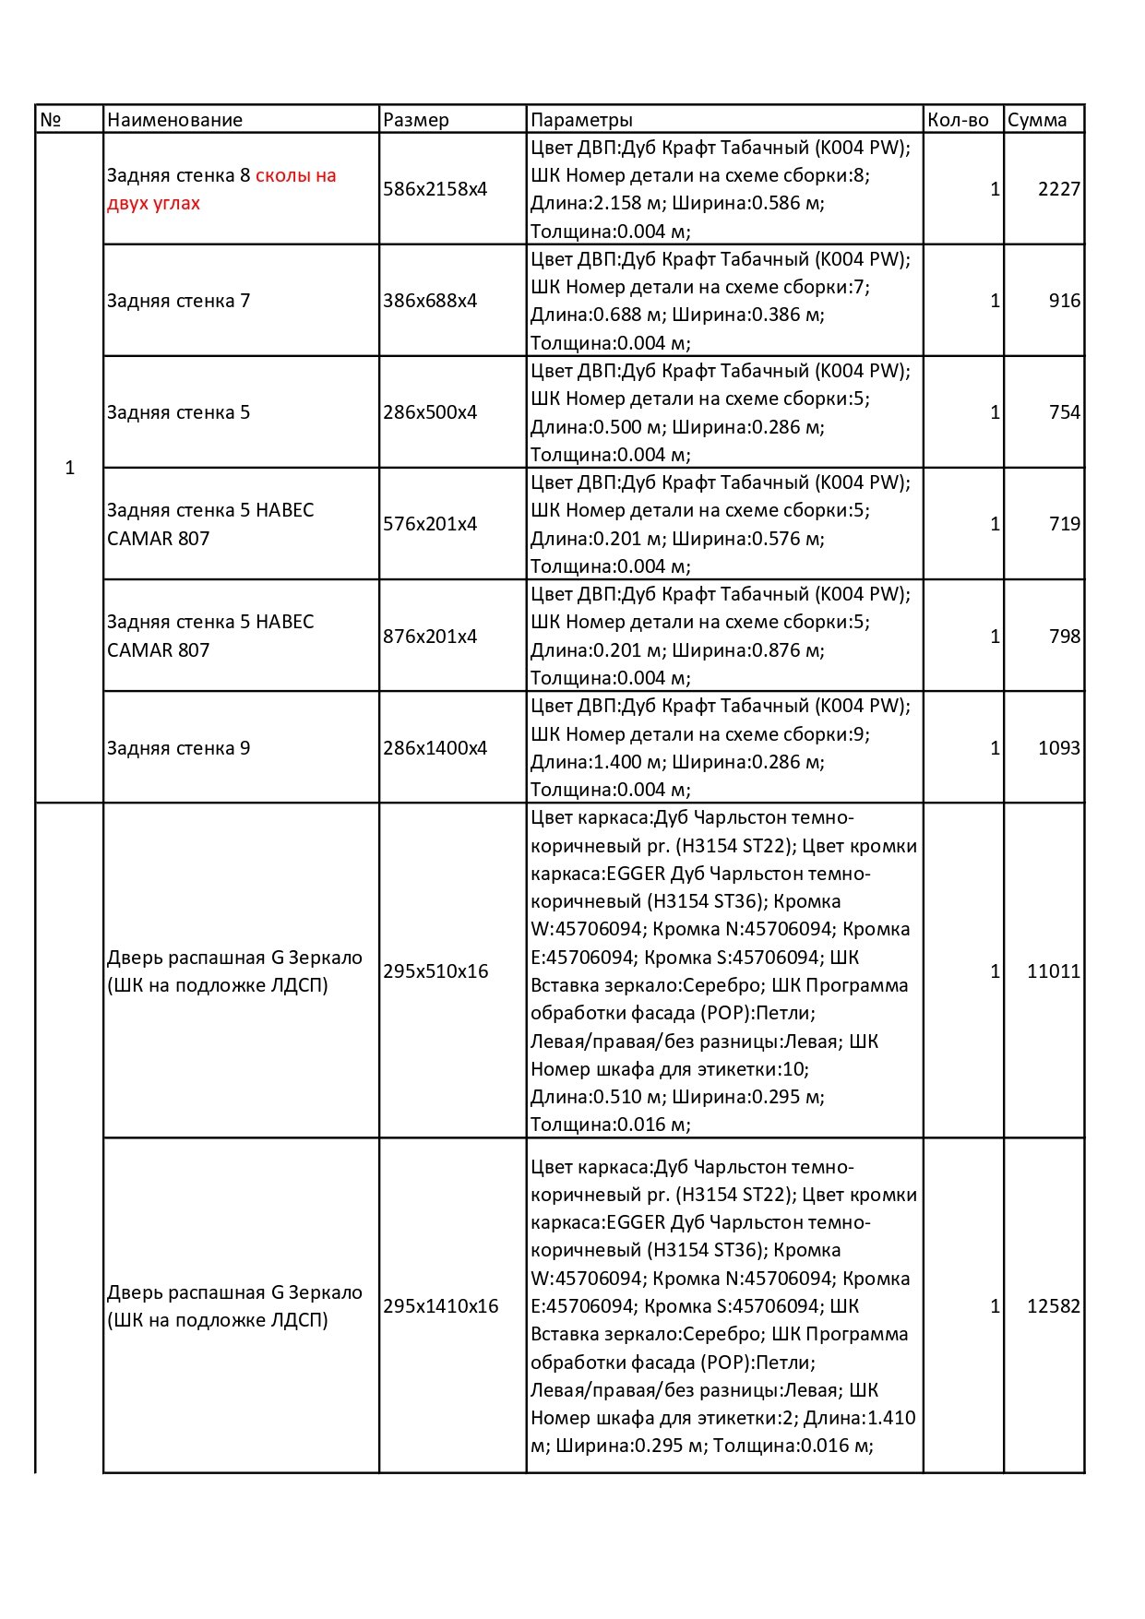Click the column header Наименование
pyautogui.click(x=174, y=120)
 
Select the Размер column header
pyautogui.click(x=416, y=120)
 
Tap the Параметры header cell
pyautogui.click(x=581, y=120)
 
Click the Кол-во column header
pyautogui.click(x=958, y=120)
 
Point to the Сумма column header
pyautogui.click(x=1037, y=120)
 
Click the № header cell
pyautogui.click(x=51, y=120)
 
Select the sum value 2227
pyautogui.click(x=1058, y=189)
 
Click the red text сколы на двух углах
pyautogui.click(x=221, y=189)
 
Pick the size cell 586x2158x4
pyautogui.click(x=435, y=189)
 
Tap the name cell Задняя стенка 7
pyautogui.click(x=178, y=301)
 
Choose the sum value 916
pyautogui.click(x=1064, y=301)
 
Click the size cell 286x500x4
pyautogui.click(x=430, y=412)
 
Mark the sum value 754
pyautogui.click(x=1064, y=412)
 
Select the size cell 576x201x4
pyautogui.click(x=430, y=524)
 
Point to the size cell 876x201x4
pyautogui.click(x=430, y=637)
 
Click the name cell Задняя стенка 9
pyautogui.click(x=178, y=748)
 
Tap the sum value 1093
pyautogui.click(x=1058, y=748)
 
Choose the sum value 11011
pyautogui.click(x=1053, y=971)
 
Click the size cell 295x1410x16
pyautogui.click(x=440, y=1306)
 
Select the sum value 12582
pyautogui.click(x=1053, y=1306)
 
